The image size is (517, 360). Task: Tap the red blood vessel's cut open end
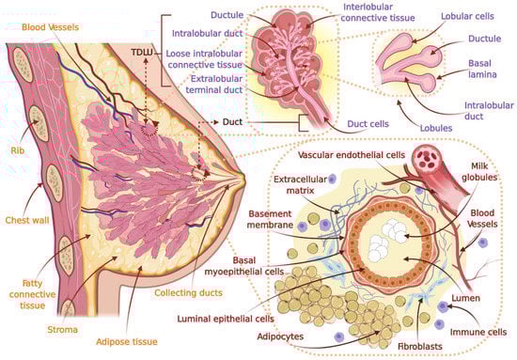click(x=434, y=156)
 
